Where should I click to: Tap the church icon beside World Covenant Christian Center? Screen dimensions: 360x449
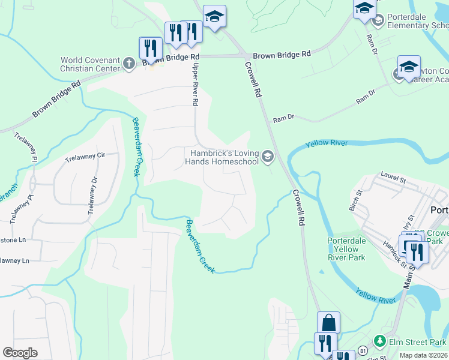pos(128,64)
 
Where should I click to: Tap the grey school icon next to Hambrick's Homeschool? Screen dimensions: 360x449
pos(268,158)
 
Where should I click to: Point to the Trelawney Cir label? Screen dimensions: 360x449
pos(85,155)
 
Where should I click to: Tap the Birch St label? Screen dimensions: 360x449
pos(353,201)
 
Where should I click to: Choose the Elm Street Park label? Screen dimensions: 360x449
pos(417,342)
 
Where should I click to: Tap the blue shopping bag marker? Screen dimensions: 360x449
pos(328,323)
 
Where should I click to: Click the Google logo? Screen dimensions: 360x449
pos(20,353)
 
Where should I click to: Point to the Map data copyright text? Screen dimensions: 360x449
pos(423,355)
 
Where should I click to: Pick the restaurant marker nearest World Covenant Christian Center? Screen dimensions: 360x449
pos(150,48)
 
